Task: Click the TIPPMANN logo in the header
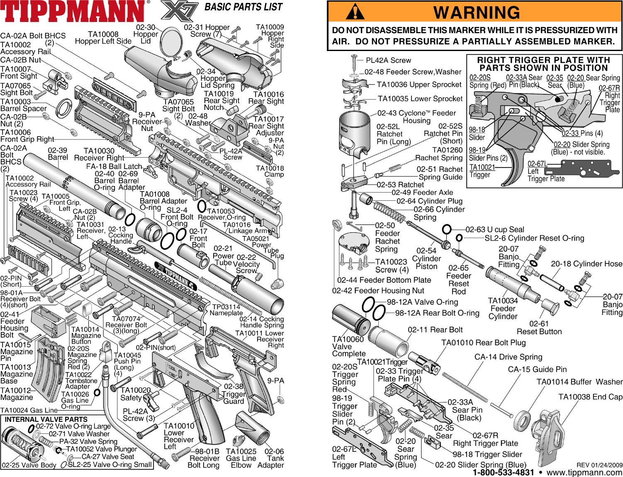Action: [x=73, y=12]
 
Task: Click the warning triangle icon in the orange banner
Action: [x=355, y=12]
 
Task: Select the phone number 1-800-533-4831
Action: [x=503, y=472]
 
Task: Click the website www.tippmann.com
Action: [x=584, y=472]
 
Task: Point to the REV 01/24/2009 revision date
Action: [x=599, y=465]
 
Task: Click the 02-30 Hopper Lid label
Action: [x=146, y=34]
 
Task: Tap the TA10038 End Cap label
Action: [x=590, y=397]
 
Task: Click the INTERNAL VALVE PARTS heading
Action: [x=46, y=419]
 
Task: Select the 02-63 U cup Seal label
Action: [x=494, y=229]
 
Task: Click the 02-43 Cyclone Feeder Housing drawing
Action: [x=355, y=133]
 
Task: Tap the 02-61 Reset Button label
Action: [x=539, y=328]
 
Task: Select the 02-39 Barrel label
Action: [x=58, y=154]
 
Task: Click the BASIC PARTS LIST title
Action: [x=243, y=7]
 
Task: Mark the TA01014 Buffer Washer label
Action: [x=579, y=382]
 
